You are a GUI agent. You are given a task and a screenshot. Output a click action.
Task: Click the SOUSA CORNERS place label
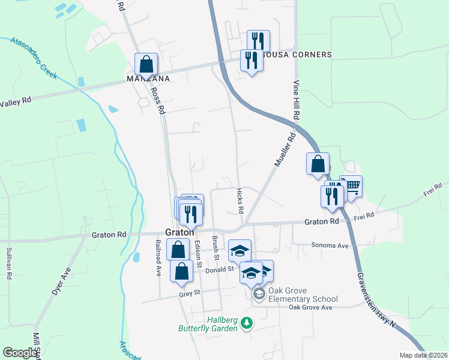299,55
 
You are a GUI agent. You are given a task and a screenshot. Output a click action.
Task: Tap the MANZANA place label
148,79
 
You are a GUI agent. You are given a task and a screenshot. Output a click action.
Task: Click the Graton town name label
179,233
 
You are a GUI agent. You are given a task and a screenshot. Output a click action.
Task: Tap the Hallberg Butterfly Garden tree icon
246,323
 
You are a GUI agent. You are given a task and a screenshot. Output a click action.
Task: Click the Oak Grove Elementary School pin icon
259,293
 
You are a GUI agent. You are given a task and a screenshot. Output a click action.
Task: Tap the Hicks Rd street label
240,200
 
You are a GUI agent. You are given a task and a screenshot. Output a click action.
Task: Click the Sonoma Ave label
330,245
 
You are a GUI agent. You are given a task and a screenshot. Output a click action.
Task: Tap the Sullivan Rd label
9,264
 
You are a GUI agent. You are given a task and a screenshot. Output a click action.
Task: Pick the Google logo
20,353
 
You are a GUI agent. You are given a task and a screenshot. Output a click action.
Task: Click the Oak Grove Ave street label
310,308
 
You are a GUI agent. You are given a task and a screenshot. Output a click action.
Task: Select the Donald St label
219,270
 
